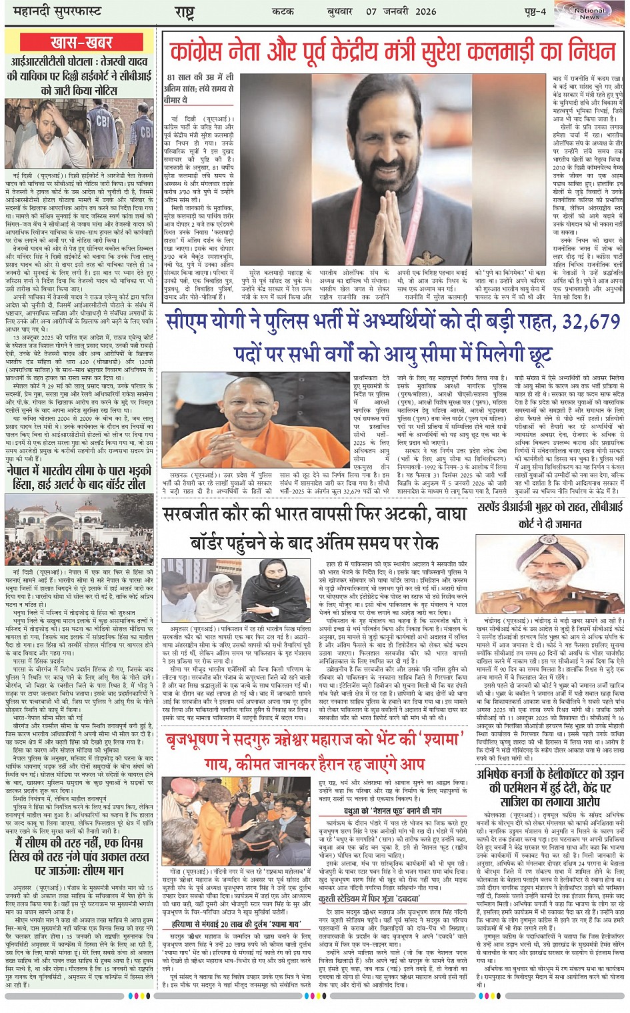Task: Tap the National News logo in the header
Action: (590, 13)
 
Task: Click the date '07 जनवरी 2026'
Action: (400, 11)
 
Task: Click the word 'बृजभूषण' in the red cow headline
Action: (199, 740)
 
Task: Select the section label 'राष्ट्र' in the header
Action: (185, 11)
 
